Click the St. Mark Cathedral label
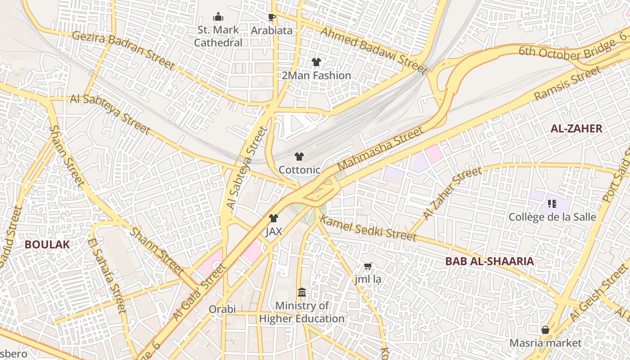click(x=218, y=36)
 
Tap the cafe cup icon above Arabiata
click(x=271, y=18)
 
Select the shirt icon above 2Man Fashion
click(x=316, y=62)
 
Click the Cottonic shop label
click(x=299, y=170)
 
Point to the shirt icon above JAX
click(x=273, y=218)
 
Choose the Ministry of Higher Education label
click(x=301, y=312)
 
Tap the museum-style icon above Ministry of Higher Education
click(x=302, y=293)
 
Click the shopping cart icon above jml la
click(x=368, y=266)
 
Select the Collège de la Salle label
click(x=552, y=217)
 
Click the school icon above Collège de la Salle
click(x=552, y=204)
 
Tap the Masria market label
click(x=545, y=343)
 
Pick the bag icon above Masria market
click(x=545, y=330)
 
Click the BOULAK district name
click(x=47, y=244)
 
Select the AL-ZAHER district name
click(x=576, y=129)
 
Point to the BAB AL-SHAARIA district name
click(x=490, y=261)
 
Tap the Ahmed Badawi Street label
click(x=373, y=49)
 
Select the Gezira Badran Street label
click(x=123, y=50)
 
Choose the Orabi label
click(x=222, y=309)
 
